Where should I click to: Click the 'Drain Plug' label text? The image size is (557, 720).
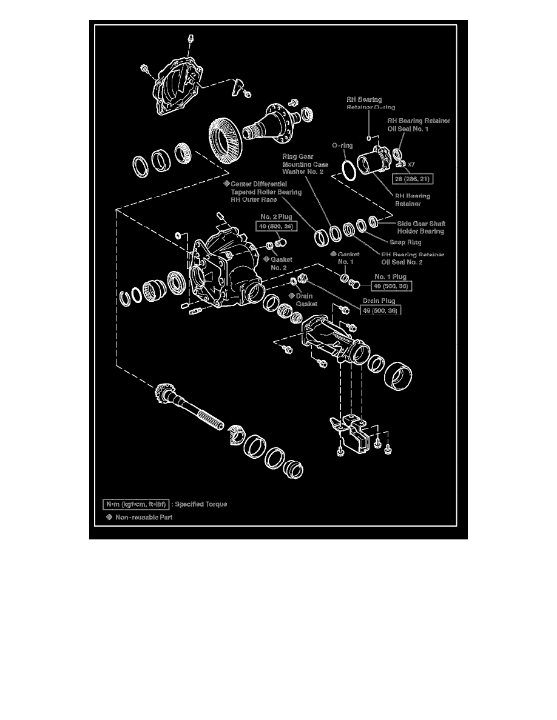[x=379, y=301]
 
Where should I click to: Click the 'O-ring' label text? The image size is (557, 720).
[x=342, y=146]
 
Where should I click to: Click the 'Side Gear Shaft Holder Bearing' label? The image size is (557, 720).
[x=420, y=227]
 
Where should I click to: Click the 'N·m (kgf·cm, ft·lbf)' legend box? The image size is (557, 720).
[x=135, y=504]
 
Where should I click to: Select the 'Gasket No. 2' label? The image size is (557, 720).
[x=281, y=263]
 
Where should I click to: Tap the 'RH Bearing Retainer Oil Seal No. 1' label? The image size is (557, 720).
[x=419, y=125]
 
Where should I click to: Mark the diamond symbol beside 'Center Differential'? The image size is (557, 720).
[x=226, y=183]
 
